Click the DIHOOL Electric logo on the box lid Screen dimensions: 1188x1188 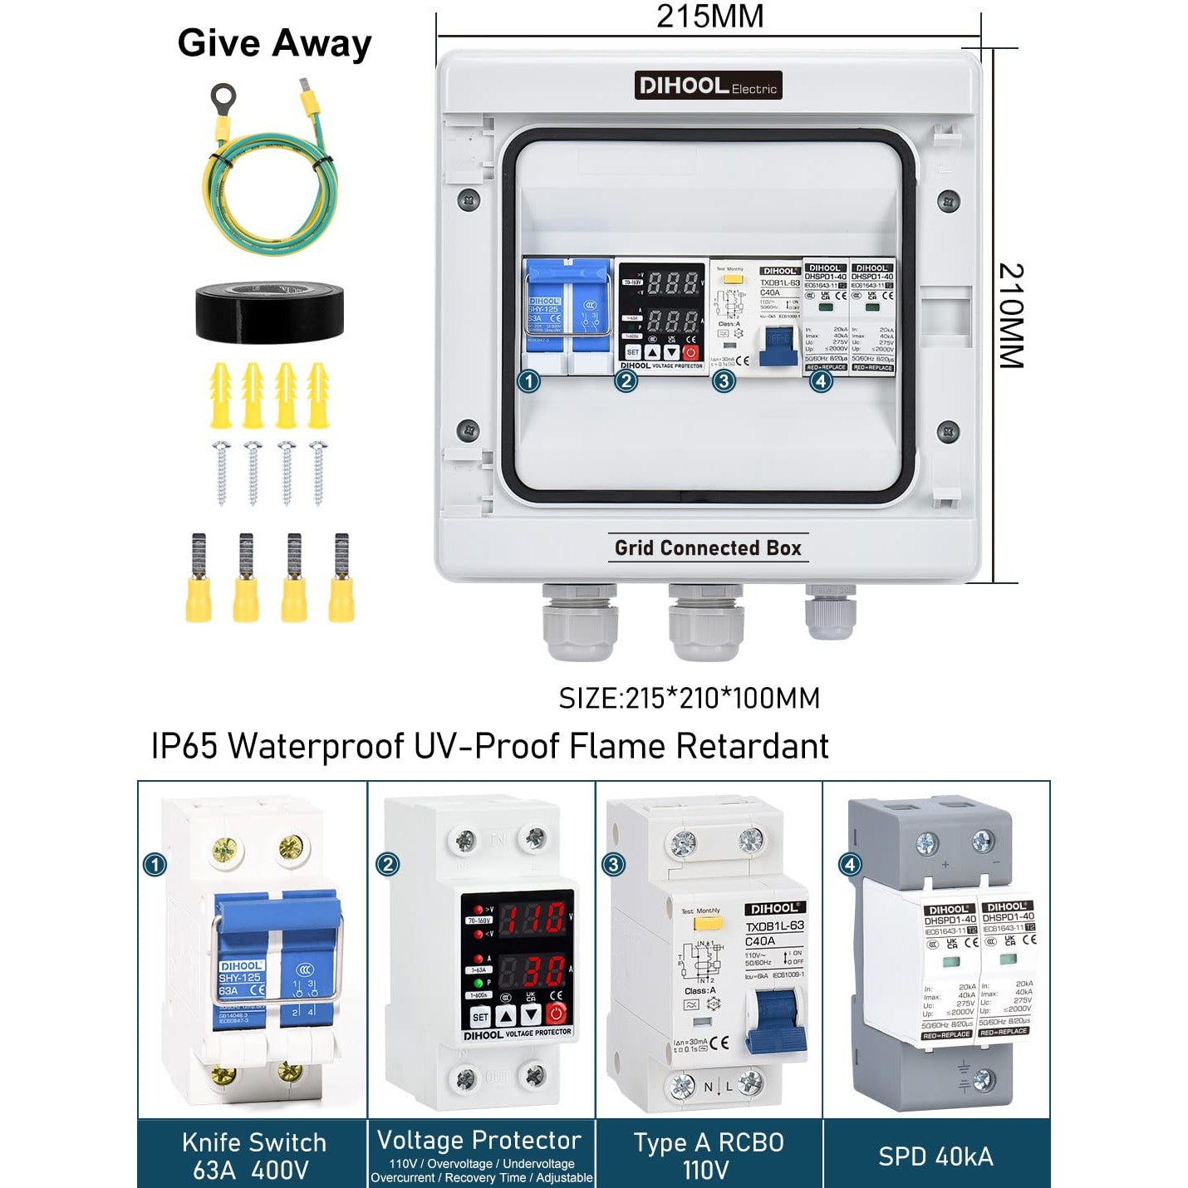[x=708, y=86]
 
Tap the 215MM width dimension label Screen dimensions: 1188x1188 [x=709, y=17]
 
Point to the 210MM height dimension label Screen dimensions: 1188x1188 [x=1010, y=316]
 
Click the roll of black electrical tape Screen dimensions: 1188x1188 [x=269, y=312]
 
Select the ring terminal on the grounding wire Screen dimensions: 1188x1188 [x=223, y=99]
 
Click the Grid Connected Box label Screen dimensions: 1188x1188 [x=708, y=548]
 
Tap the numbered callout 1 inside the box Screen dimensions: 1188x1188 [x=528, y=382]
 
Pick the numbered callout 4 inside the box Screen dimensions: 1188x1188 [x=821, y=382]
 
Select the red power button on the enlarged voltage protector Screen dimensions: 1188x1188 [x=556, y=1014]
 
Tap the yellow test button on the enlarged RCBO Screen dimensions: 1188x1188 [x=714, y=923]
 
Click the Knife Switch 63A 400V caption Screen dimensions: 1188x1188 [x=253, y=1156]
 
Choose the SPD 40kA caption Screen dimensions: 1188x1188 [x=935, y=1156]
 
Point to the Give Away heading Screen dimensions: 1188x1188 [x=274, y=43]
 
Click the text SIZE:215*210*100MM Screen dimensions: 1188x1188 [x=689, y=698]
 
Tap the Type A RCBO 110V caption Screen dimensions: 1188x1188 [x=708, y=1156]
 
